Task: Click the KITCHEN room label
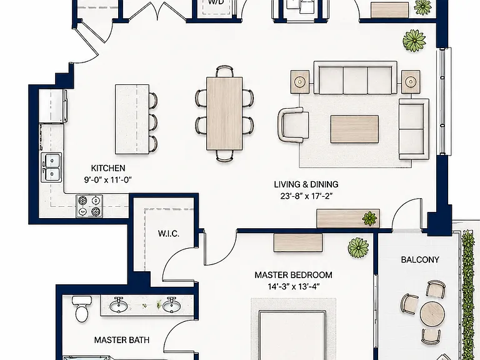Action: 108,168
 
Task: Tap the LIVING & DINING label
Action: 306,184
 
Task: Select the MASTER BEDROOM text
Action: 293,275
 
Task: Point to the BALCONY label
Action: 420,259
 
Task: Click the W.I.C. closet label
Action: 169,234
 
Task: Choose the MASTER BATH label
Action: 122,340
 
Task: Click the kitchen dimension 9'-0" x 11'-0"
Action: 108,180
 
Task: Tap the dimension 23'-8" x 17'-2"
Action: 306,196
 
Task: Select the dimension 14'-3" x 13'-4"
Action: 294,286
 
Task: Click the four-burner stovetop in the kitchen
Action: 89,206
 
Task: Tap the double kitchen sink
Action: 51,167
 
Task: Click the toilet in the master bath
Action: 81,309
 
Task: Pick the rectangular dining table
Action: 224,113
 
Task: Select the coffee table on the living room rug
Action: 354,129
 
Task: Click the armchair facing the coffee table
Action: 293,124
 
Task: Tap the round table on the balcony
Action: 432,314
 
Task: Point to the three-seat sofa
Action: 355,77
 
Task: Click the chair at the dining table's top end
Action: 224,71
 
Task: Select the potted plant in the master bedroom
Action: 358,247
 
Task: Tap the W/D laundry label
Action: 216,2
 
